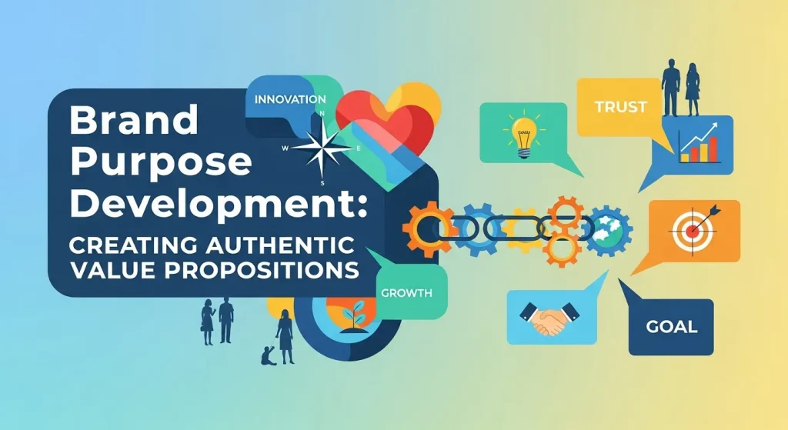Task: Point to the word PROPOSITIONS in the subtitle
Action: pyautogui.click(x=284, y=271)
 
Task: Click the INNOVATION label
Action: pyautogui.click(x=289, y=100)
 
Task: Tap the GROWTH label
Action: pyautogui.click(x=406, y=293)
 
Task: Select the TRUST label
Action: pyautogui.click(x=620, y=107)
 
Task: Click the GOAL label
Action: pyautogui.click(x=671, y=327)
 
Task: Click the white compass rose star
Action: pyautogui.click(x=317, y=147)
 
